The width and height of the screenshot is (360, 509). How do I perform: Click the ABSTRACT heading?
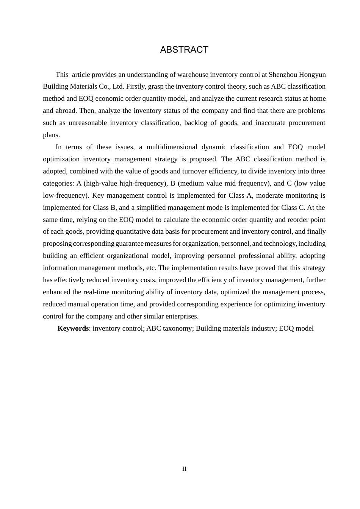point(184,50)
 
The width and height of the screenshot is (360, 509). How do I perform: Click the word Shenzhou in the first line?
point(283,75)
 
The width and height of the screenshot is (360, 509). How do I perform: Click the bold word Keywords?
point(73,328)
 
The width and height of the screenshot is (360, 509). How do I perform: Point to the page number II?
point(184,469)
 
